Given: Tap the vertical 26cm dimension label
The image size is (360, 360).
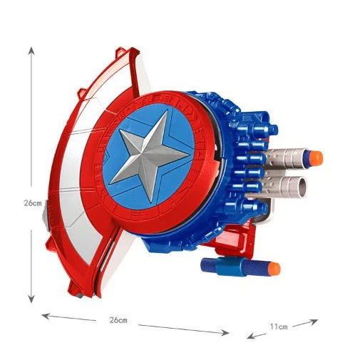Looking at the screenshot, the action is point(33,203).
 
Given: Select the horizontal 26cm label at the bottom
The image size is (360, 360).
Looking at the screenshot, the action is point(118,320).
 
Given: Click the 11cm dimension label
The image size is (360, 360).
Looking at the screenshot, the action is point(279,326).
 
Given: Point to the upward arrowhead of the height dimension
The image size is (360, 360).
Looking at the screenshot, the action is point(31,51).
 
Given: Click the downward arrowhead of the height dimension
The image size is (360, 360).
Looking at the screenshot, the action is point(31,299).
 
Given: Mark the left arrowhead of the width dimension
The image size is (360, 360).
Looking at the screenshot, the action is point(46,316).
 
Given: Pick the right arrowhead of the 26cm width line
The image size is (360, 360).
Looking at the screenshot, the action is point(225,333).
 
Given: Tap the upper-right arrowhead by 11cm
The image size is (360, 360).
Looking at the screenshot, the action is point(314,322).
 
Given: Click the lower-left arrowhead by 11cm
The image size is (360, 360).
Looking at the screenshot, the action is point(251,336).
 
